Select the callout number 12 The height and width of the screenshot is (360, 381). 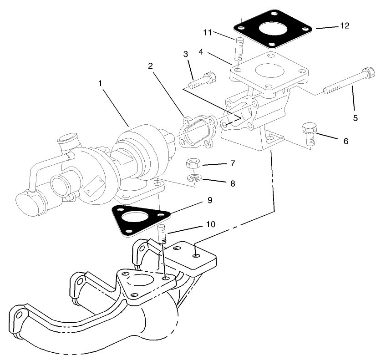[x=345, y=26]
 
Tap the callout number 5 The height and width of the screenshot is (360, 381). [x=356, y=118]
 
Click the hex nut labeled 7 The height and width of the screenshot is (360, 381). [x=193, y=163]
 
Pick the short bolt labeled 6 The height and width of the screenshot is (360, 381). [x=310, y=134]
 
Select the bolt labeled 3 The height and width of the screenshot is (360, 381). [x=203, y=81]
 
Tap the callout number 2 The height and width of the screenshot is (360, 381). [x=149, y=66]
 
